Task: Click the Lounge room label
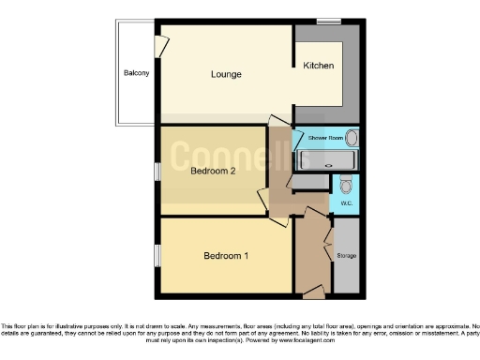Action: (x=226, y=74)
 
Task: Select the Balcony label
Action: (x=136, y=73)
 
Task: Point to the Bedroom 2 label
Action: (x=212, y=172)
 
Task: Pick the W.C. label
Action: (x=345, y=202)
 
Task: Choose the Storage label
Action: (x=347, y=255)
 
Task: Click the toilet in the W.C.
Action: (x=344, y=184)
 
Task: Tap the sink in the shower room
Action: (x=351, y=139)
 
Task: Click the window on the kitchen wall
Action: (x=328, y=21)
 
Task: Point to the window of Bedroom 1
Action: (x=157, y=255)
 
